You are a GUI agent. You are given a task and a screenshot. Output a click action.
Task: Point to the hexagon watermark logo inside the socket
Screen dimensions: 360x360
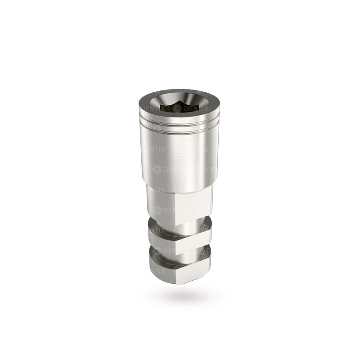pos(177,108)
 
